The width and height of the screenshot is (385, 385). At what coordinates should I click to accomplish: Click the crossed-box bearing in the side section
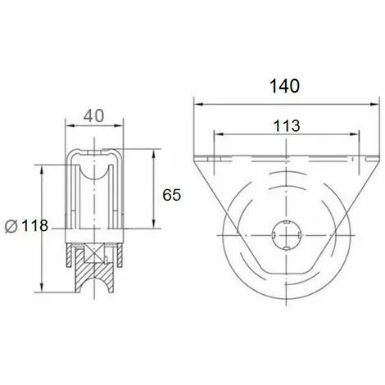pyautogui.click(x=94, y=253)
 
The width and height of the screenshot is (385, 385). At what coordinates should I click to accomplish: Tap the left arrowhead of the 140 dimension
pyautogui.click(x=197, y=104)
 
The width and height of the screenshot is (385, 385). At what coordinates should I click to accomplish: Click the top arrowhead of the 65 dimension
pyautogui.click(x=153, y=153)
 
